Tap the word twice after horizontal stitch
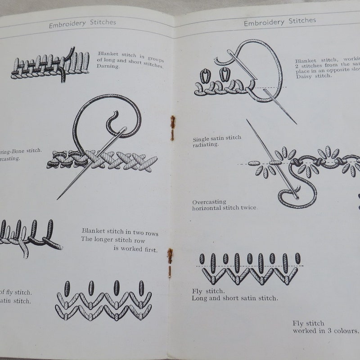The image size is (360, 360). click(247, 208)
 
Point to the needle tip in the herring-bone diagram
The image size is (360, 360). click(59, 198)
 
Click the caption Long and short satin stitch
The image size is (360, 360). click(234, 298)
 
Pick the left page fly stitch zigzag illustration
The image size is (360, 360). click(103, 301)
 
